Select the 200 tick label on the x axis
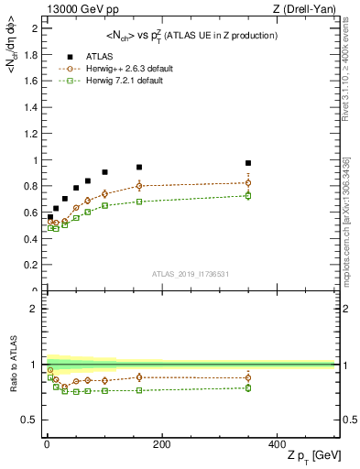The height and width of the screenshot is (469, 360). tap(162, 444)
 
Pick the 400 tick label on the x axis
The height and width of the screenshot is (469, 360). tap(278, 444)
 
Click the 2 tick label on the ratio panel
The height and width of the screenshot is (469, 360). tap(37, 309)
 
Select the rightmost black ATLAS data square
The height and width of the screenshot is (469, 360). tap(248, 163)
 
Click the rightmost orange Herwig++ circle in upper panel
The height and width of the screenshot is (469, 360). tap(248, 183)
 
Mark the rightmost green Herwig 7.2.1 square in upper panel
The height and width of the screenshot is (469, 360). tap(248, 196)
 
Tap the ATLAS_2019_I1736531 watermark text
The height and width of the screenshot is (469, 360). tap(190, 274)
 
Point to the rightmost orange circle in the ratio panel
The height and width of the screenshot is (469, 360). tap(248, 377)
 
